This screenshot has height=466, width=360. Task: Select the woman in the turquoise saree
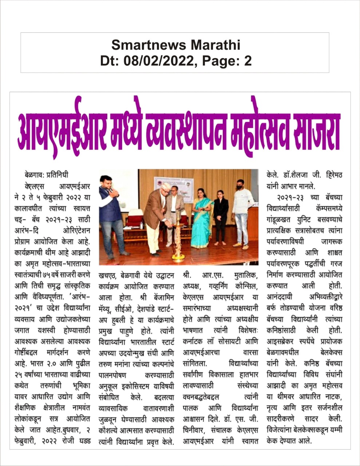(x=202, y=218)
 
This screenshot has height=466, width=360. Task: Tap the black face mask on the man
(x=240, y=188)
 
